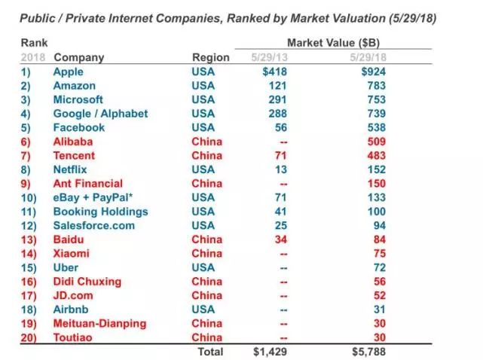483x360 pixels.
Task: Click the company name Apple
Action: pos(69,72)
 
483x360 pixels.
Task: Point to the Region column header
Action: pos(211,57)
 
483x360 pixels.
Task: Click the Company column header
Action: pos(79,57)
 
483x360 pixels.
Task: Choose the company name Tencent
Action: pos(75,156)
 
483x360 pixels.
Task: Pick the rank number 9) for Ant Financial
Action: pos(29,184)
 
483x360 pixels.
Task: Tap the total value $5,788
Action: pos(369,352)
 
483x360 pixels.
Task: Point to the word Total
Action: pos(210,352)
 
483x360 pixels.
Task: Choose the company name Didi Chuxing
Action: pos(87,282)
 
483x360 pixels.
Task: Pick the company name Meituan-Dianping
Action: pos(99,324)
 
